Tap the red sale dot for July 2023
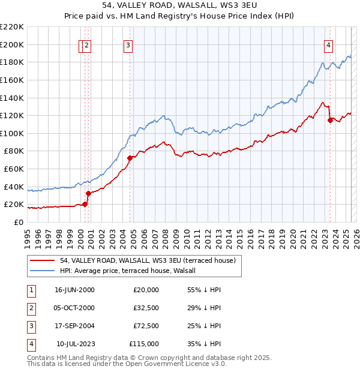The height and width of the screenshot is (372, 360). coord(330,120)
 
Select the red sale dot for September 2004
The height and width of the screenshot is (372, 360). coord(130,158)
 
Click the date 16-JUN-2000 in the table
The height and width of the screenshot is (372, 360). coord(74,290)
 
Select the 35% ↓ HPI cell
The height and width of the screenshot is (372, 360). coord(205,344)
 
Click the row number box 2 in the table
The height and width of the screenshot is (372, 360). coord(31,308)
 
